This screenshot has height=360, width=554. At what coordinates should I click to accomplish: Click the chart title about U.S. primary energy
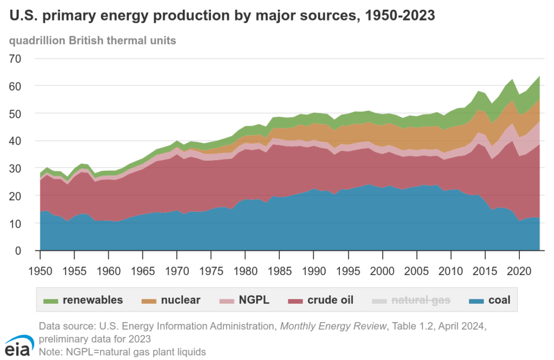coord(221,16)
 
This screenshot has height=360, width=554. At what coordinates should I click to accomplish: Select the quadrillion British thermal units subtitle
coord(93,41)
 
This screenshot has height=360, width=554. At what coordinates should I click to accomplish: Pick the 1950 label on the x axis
coord(40,269)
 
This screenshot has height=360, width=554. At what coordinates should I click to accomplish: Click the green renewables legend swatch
coord(51,299)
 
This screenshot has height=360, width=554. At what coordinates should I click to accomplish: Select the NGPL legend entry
coord(247,299)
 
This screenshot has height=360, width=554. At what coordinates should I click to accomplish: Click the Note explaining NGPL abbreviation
coord(122,351)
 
